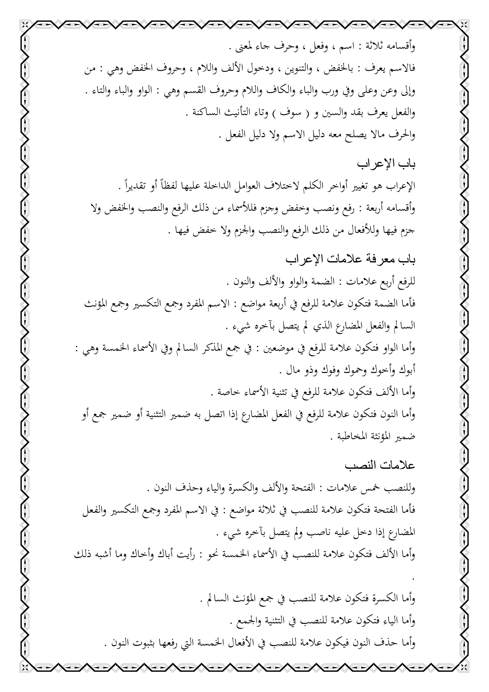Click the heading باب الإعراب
coord(386,165)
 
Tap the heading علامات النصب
coord(380,466)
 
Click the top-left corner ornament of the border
coord(26,26)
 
